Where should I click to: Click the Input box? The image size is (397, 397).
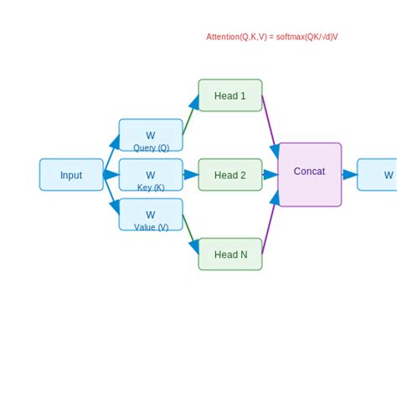71,175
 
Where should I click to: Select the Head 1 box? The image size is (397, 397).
230,95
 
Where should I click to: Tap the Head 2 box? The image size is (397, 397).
230,175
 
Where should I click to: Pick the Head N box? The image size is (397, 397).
230,255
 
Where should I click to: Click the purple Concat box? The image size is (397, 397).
310,174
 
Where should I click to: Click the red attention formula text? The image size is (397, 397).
272,37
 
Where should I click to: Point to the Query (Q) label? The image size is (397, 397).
151,148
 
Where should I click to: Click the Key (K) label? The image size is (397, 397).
151,188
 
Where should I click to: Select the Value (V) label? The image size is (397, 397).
151,227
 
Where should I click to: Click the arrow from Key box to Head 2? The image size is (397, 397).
191,175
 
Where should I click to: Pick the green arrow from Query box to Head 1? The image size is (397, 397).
190,116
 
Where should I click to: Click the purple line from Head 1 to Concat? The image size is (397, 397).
270,125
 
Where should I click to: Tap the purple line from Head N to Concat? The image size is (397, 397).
270,224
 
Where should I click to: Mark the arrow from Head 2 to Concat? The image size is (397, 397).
271,175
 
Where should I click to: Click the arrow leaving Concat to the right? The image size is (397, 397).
349,175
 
